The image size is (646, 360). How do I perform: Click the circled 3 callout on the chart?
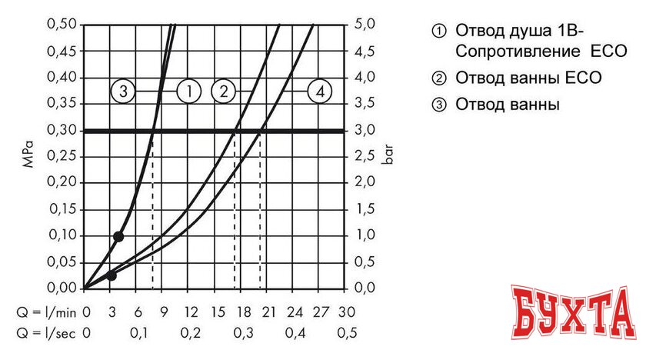click(x=124, y=92)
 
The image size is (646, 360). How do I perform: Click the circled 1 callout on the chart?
click(x=189, y=92)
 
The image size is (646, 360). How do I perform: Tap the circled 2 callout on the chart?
click(x=223, y=92)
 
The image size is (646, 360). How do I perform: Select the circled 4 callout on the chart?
click(x=320, y=92)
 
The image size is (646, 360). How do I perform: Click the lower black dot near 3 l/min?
click(x=112, y=275)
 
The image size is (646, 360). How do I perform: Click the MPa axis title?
click(x=28, y=156)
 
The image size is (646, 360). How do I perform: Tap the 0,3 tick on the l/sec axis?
click(x=243, y=333)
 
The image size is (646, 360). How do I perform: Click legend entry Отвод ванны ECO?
click(x=527, y=78)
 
